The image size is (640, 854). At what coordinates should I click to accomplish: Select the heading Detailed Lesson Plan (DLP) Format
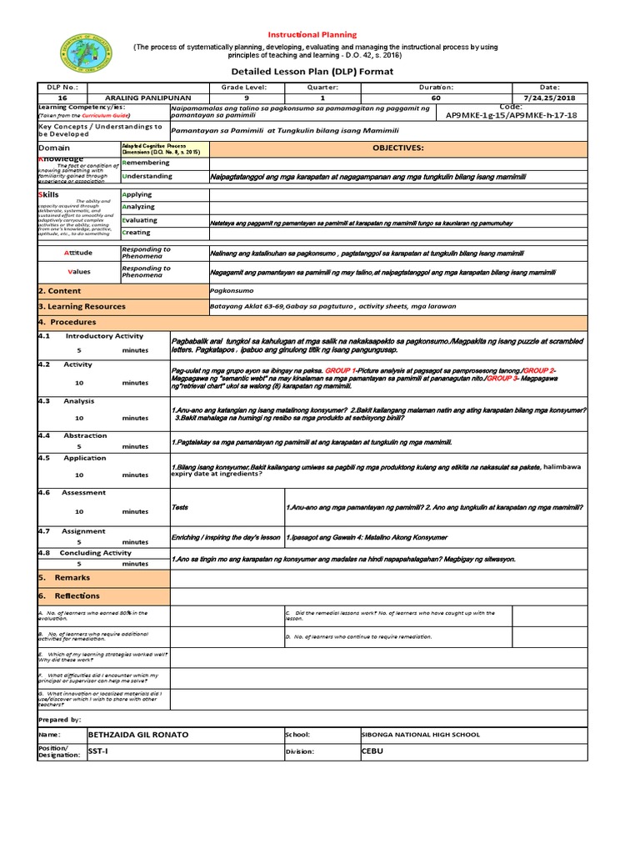coord(320,73)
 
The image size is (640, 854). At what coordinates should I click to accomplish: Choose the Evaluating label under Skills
coord(139,220)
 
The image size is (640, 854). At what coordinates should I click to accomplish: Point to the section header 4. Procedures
coord(67,322)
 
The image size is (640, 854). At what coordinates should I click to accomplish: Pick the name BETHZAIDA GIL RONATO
coord(138,735)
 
